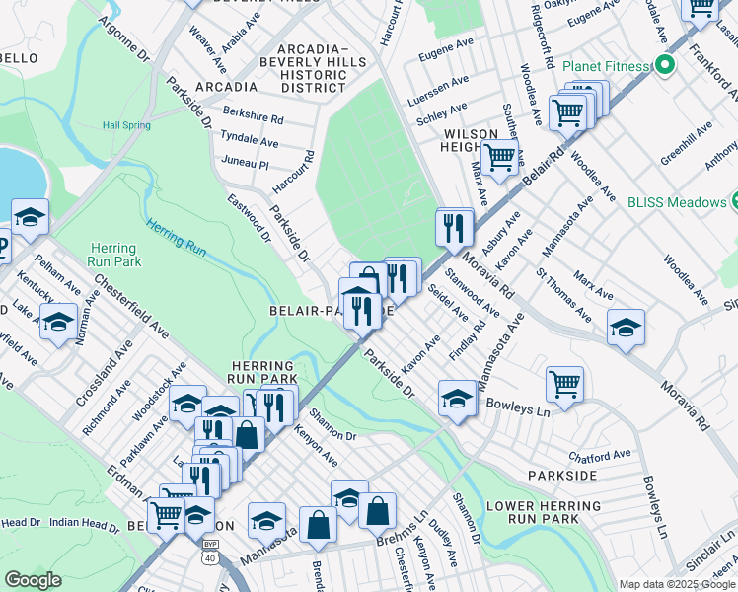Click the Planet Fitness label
[606, 67]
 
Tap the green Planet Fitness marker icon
[665, 67]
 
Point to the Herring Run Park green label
[114, 255]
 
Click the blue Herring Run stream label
[177, 237]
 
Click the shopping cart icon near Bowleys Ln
[564, 384]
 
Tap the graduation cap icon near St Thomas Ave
[626, 328]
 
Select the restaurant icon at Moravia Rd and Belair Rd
[454, 229]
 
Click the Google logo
[33, 580]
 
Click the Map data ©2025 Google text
[676, 584]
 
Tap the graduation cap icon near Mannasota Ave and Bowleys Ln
[457, 399]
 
